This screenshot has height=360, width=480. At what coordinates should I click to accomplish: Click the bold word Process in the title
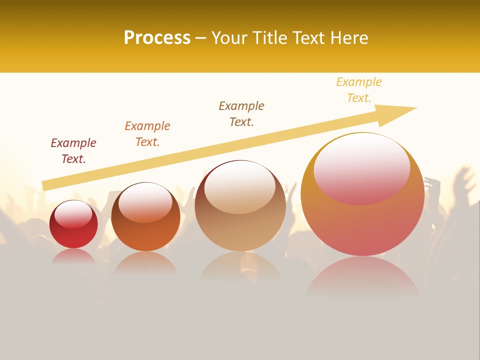coord(157,38)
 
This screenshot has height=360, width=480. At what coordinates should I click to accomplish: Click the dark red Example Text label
coord(73,151)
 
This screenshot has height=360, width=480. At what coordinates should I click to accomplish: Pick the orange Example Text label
coord(147,134)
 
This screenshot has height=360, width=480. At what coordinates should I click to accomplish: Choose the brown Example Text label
coord(241,114)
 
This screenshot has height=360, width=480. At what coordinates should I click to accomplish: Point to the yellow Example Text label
coord(359,90)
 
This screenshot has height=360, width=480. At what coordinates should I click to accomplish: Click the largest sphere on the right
coord(362,220)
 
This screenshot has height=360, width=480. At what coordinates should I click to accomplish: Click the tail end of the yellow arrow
coord(44,186)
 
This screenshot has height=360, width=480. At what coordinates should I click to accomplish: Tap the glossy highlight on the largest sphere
coord(361,169)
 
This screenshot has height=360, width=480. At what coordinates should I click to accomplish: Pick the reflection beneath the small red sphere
coord(73,257)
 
